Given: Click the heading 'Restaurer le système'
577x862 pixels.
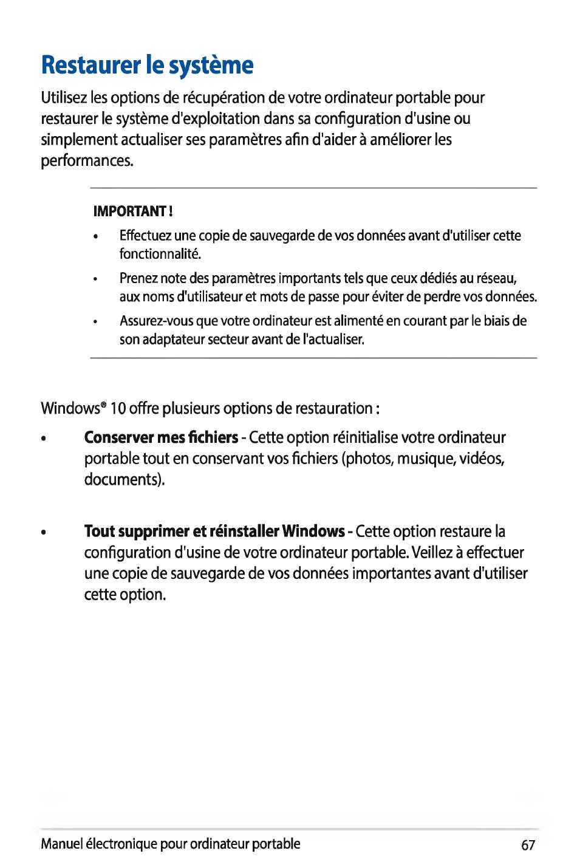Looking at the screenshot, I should click(147, 65).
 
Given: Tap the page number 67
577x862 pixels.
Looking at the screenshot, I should click(528, 844).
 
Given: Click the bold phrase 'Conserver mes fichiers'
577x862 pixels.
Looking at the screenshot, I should click(161, 437).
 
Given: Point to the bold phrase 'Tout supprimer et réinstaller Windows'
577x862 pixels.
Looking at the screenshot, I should click(214, 532).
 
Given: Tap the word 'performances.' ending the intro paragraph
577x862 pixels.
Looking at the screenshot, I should click(87, 162).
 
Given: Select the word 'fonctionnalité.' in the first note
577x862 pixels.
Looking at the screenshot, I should click(160, 253).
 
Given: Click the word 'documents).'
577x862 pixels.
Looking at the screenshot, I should click(125, 479).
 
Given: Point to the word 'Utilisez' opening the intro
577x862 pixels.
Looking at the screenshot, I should click(64, 98).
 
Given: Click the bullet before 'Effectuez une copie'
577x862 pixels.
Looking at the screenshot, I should click(96, 236).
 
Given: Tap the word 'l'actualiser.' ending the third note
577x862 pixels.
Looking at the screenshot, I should click(333, 339).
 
